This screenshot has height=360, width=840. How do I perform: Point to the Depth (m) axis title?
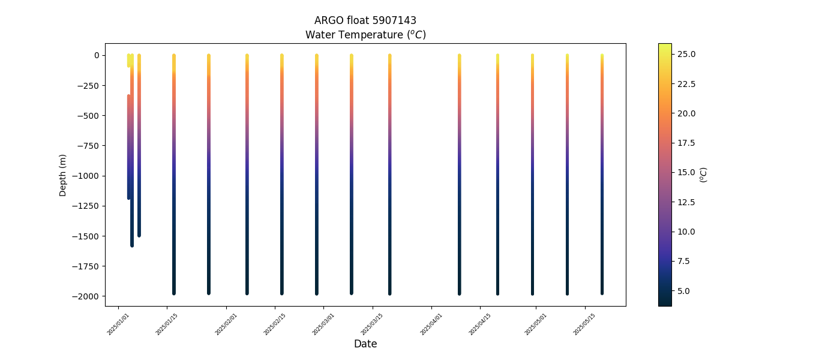pyautogui.click(x=63, y=175)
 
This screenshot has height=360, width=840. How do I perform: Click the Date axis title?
pyautogui.click(x=365, y=344)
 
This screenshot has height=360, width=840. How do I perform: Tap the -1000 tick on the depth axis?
pyautogui.click(x=86, y=176)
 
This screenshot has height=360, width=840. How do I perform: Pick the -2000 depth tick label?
pyautogui.click(x=86, y=296)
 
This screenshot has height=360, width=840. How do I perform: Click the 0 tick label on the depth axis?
pyautogui.click(x=96, y=55)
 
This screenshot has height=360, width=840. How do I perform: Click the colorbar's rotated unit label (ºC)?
pyautogui.click(x=704, y=175)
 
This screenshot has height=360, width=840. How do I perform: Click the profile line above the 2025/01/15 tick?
pyautogui.click(x=174, y=174)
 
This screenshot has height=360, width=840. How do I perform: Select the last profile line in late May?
pyautogui.click(x=602, y=174)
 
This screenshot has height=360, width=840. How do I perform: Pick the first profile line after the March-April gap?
pyautogui.click(x=459, y=174)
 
